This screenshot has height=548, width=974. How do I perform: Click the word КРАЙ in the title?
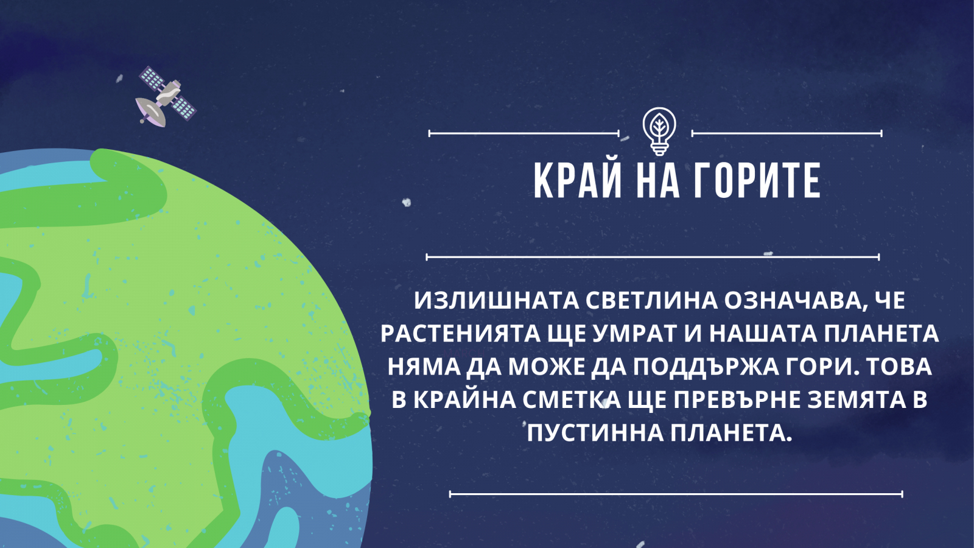point(578,181)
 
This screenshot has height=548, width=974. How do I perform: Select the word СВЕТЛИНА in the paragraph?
point(651,301)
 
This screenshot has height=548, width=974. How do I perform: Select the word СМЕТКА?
point(572,400)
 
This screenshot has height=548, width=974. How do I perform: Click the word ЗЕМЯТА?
point(855,400)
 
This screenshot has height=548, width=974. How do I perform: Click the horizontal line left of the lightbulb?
point(524,133)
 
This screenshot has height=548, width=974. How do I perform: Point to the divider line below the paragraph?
point(676,494)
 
